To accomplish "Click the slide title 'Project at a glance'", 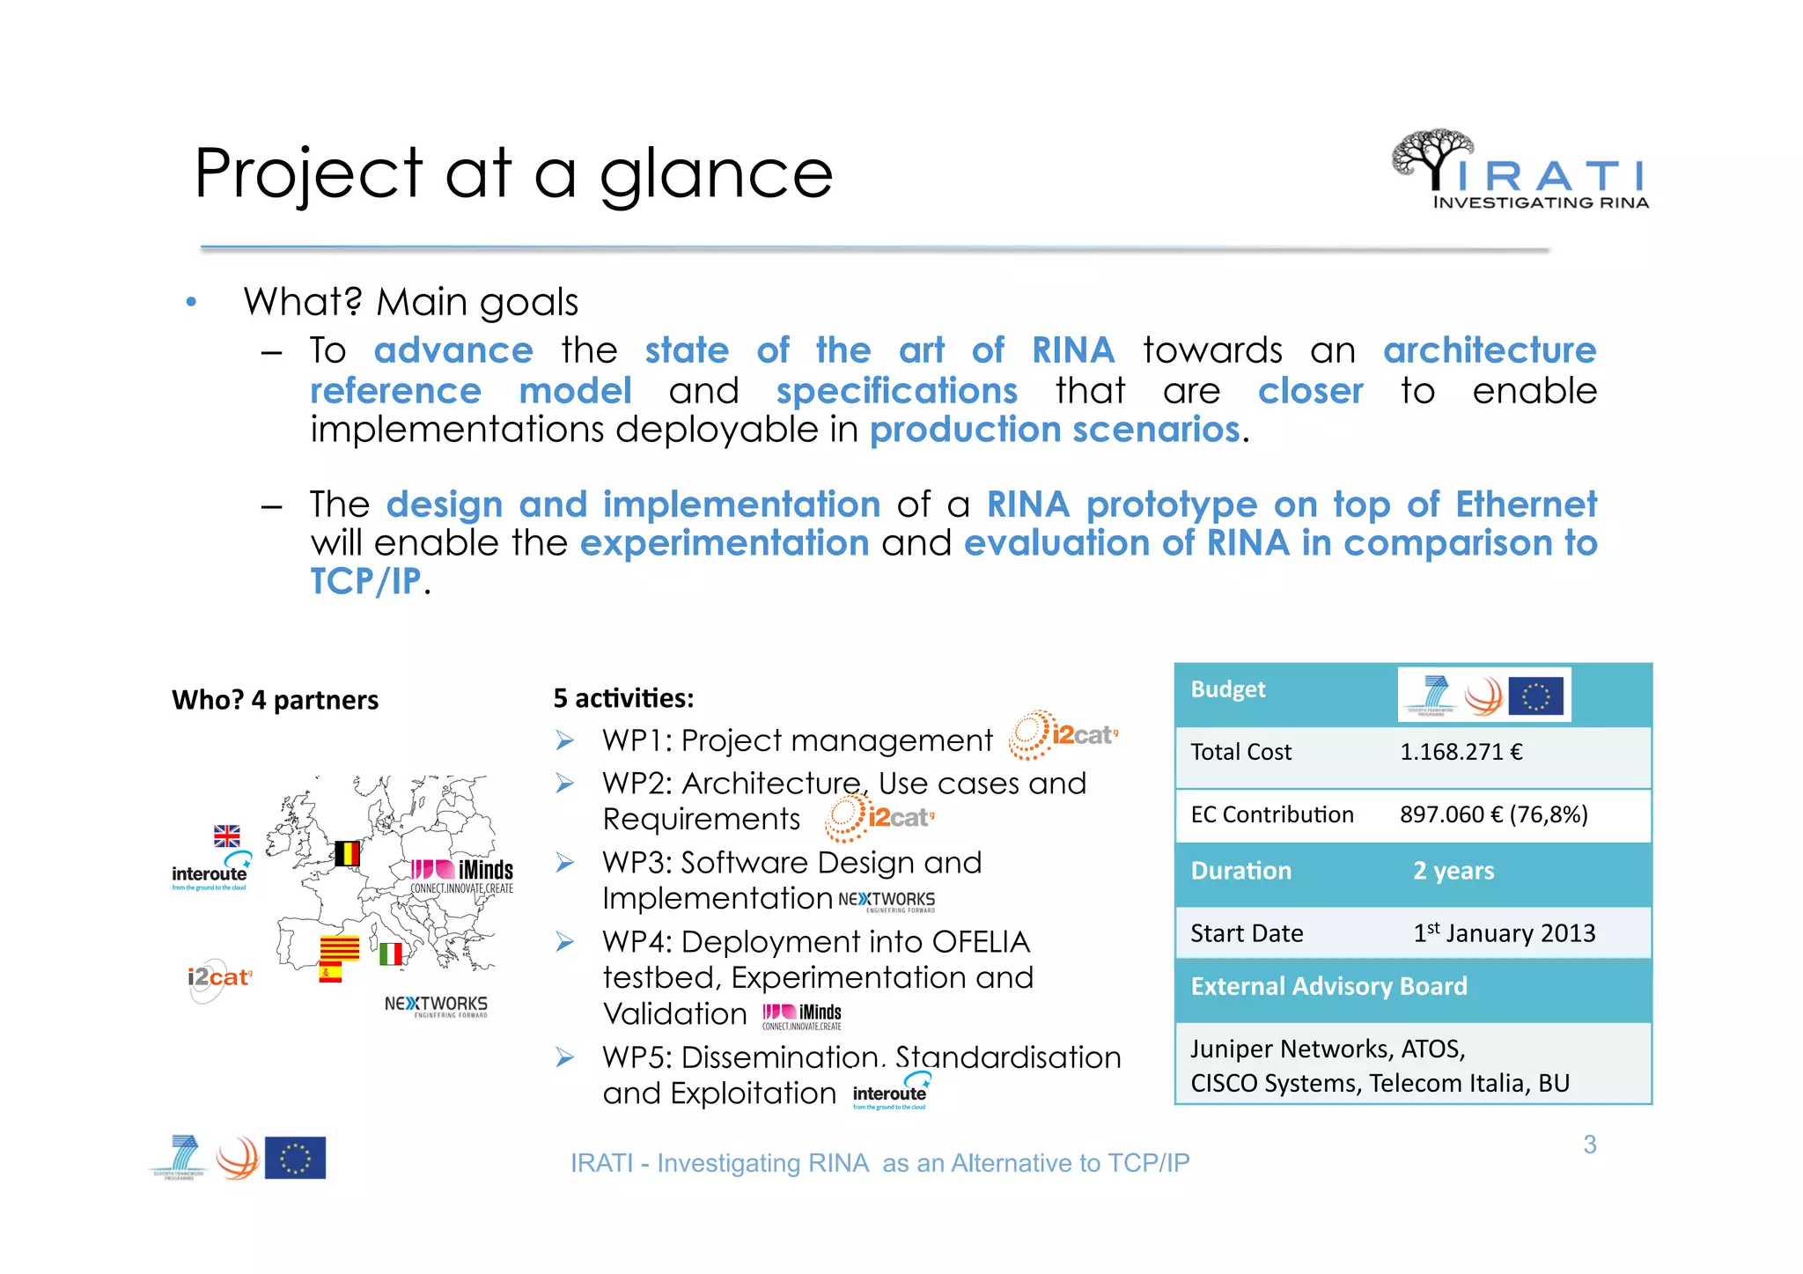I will point(513,173).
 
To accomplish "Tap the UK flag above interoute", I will point(227,836).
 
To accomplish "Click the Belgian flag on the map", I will point(347,853).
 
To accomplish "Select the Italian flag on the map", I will point(391,954).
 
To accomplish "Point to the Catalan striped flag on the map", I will point(339,948).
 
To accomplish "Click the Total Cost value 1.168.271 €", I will point(1461,752).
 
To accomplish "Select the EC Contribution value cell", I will point(1493,814).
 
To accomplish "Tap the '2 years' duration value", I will point(1453,871).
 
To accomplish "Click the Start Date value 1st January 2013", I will point(1504,933).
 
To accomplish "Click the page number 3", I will point(1589,1145).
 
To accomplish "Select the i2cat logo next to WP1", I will point(1063,735).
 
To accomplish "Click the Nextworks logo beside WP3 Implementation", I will point(886,901).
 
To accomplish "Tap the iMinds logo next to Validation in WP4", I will point(802,1016).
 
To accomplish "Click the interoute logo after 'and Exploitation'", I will point(890,1092).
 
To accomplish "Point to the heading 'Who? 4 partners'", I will point(275,700).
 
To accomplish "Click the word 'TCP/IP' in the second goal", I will point(365,582).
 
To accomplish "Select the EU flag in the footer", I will point(295,1158).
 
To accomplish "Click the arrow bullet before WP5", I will point(565,1057).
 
